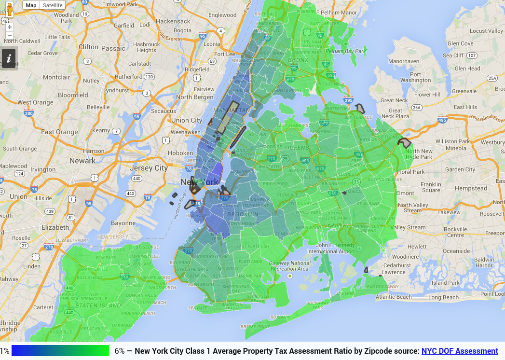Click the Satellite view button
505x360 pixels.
[52, 5]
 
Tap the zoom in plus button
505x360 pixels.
[10, 27]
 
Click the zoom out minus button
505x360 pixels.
[10, 35]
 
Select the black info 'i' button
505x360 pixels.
[9, 59]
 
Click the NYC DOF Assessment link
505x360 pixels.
[460, 351]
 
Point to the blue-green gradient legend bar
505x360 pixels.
[60, 351]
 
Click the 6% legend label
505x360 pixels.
[120, 351]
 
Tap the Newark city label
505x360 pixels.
[82, 160]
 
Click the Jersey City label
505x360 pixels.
[150, 168]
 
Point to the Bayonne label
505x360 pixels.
[123, 223]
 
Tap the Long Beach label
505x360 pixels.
[444, 297]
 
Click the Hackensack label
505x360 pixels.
[173, 21]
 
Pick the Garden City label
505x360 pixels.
[460, 169]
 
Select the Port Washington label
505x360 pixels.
[416, 77]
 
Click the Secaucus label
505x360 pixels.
[164, 111]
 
